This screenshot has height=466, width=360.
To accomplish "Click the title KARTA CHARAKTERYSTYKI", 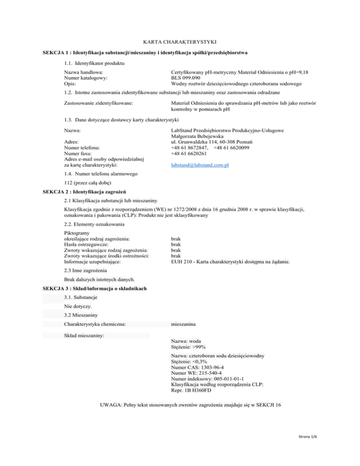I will [180, 42].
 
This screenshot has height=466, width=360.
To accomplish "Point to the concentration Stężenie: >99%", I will [191, 347].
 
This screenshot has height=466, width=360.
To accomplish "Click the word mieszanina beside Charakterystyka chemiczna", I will [187, 323].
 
